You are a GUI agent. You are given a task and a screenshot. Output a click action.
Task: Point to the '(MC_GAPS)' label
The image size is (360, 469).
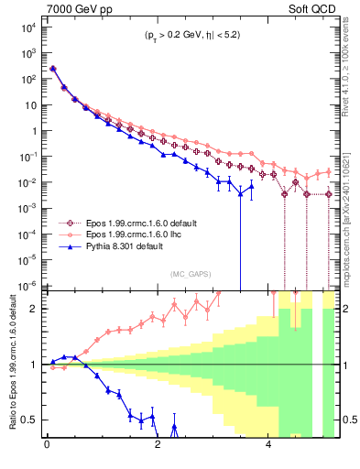[x=189, y=273]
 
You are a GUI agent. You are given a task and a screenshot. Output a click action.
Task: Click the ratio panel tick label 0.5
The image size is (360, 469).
[x=29, y=420]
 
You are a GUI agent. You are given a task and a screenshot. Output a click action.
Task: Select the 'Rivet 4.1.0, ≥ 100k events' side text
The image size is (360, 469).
[x=348, y=70]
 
